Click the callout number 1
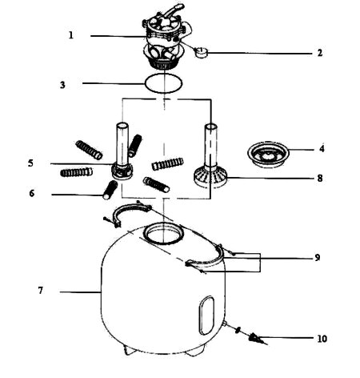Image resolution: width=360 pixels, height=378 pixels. [71, 35]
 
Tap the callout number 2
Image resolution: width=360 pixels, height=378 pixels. [320, 53]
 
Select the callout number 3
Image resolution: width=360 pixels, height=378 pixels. [62, 85]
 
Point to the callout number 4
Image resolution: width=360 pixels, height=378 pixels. [322, 148]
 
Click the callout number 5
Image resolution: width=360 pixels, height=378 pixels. [30, 163]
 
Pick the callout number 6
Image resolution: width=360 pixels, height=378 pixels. [32, 193]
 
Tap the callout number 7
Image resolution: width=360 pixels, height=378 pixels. [40, 290]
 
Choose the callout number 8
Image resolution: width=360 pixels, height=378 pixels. [320, 178]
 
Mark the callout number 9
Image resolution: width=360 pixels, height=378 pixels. [317, 258]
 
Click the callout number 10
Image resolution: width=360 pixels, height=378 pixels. [322, 339]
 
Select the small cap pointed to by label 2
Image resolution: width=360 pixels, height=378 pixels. [202, 52]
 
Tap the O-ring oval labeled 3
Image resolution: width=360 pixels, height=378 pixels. [163, 92]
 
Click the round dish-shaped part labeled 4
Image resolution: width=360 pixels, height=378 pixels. [268, 155]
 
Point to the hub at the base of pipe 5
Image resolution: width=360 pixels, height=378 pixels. [122, 171]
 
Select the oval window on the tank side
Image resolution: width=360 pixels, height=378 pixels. [206, 315]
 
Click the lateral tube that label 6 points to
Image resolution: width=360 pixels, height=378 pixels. [110, 190]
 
